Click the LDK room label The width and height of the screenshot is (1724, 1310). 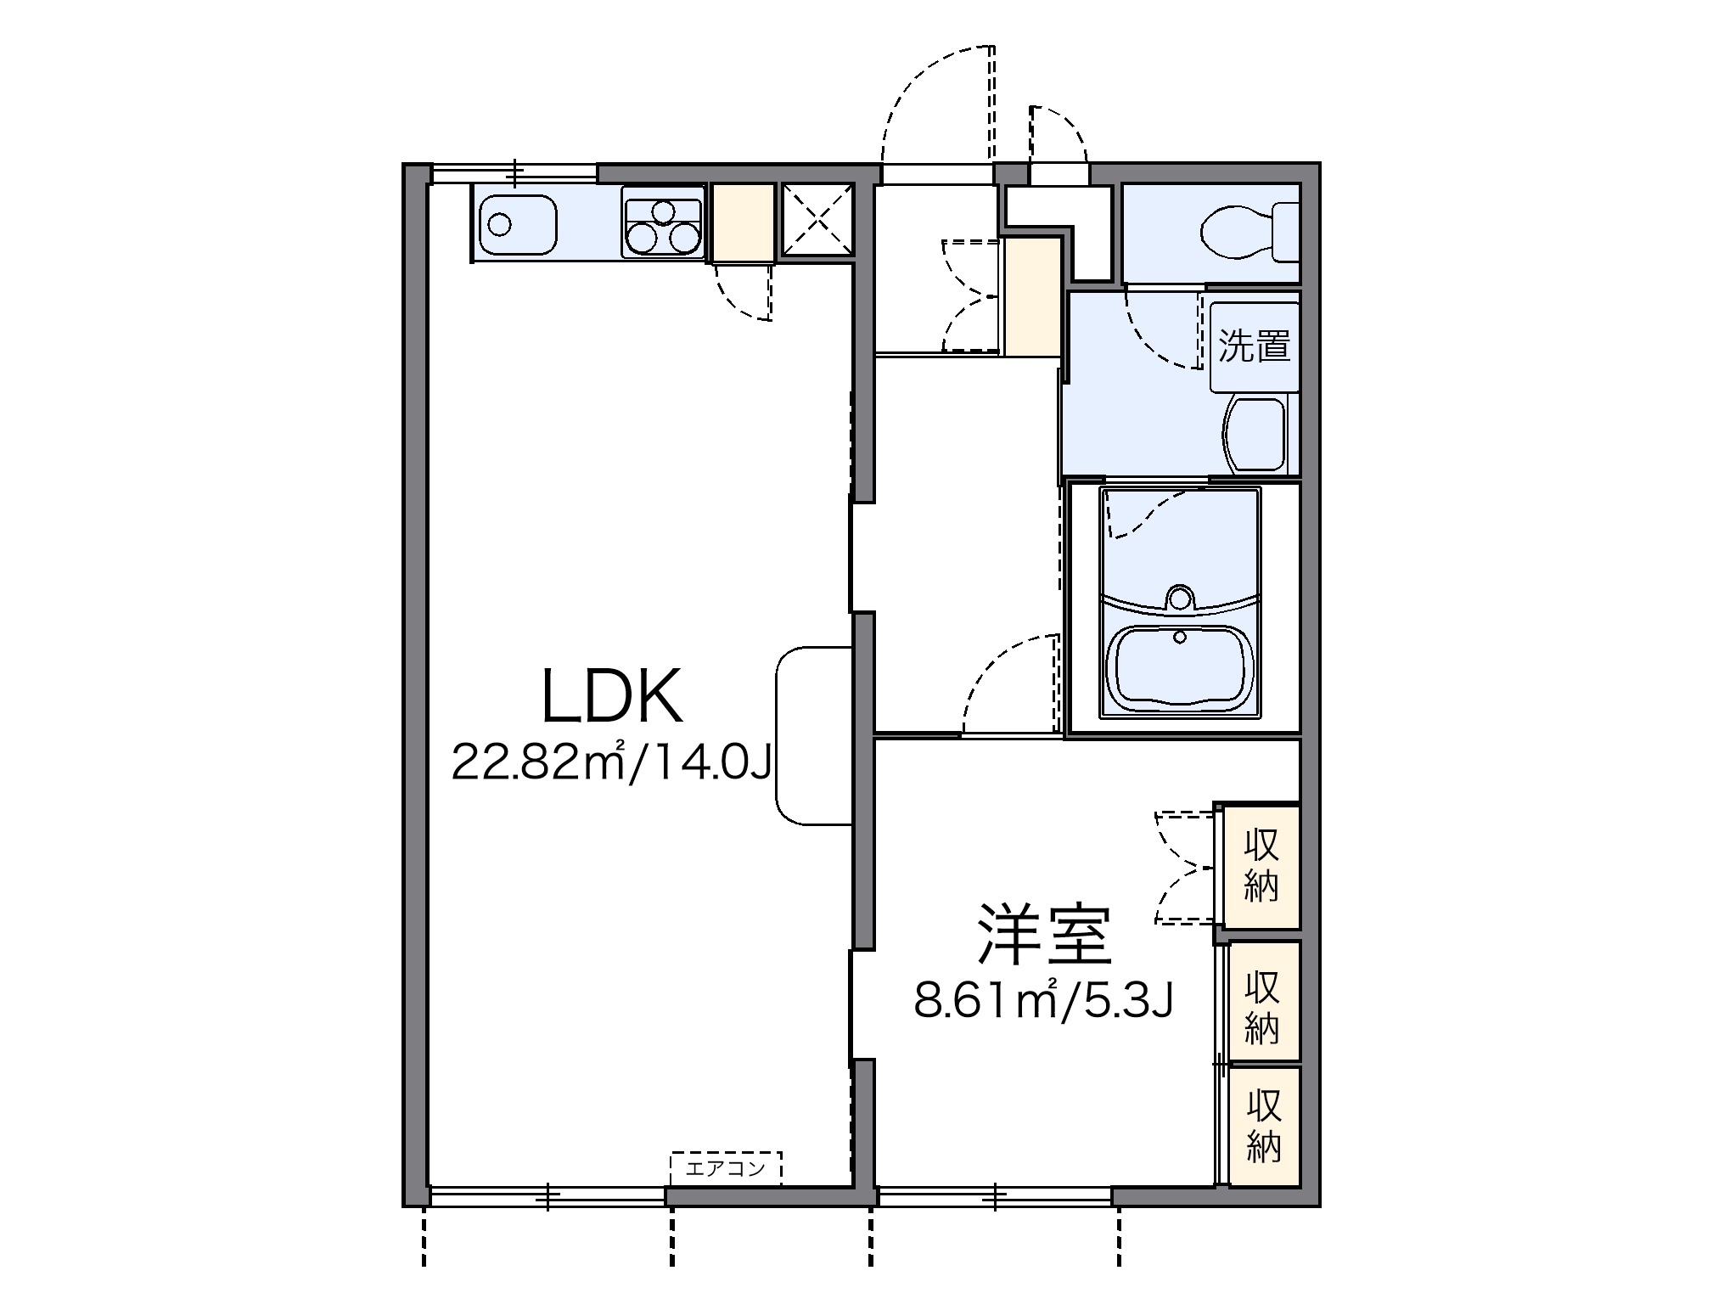coord(611,696)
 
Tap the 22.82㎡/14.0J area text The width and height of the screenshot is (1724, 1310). coord(611,762)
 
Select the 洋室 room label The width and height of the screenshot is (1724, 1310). coord(1044,934)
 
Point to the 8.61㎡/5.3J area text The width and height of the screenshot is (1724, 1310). coord(1044,1002)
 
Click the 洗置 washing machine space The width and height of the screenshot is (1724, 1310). coord(1254,346)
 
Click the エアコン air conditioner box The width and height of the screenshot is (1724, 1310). coord(725,1168)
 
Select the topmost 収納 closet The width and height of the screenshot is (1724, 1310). coord(1261,866)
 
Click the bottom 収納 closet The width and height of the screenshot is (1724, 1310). coord(1263,1126)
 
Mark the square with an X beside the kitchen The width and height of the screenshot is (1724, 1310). coord(817,220)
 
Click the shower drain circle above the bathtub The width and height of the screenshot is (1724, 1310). coord(1179,597)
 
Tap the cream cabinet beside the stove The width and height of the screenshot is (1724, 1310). coord(743,222)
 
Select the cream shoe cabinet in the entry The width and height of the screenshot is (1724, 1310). coord(1032,296)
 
